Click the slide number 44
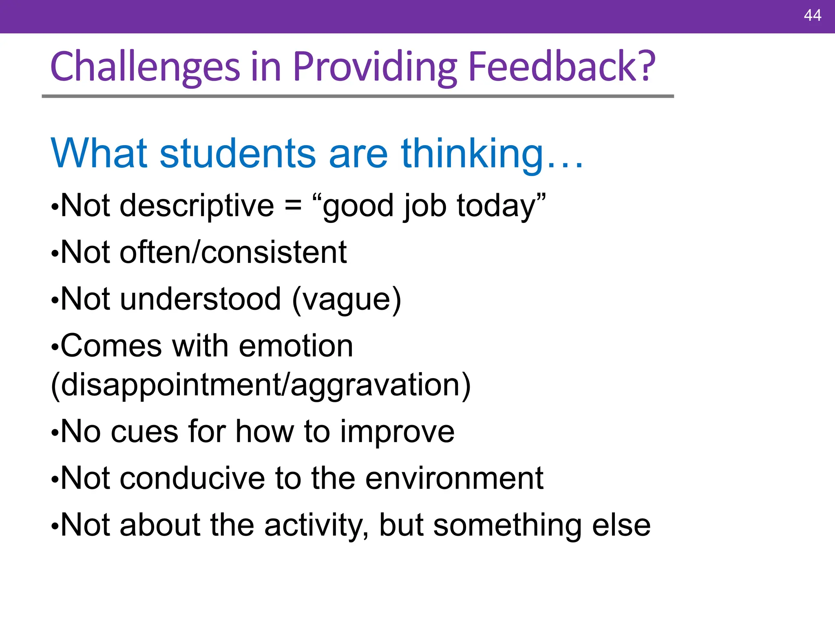click(812, 15)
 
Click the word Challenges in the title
click(145, 66)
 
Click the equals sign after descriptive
click(293, 205)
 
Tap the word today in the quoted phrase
click(495, 206)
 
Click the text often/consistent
click(233, 253)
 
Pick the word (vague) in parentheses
click(347, 300)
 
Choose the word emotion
click(296, 346)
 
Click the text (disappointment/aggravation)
click(261, 385)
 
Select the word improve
click(397, 432)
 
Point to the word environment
click(454, 478)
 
